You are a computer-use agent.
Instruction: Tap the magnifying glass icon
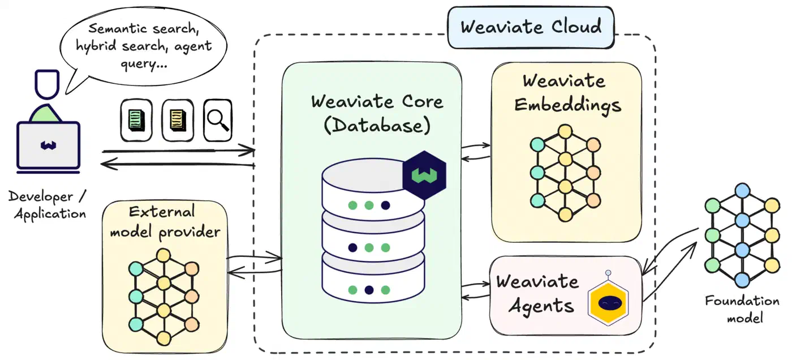(x=218, y=120)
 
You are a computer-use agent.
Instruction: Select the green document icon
(x=136, y=120)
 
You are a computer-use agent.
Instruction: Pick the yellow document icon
(x=178, y=120)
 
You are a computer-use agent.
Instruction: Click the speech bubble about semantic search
(x=143, y=46)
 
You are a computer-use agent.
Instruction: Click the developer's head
(x=46, y=84)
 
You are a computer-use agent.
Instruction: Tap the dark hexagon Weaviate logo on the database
(x=424, y=175)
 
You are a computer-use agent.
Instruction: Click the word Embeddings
(x=567, y=105)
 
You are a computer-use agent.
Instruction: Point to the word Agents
(x=541, y=306)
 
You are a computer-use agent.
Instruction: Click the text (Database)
(x=377, y=126)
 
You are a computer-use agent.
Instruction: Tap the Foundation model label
(x=742, y=310)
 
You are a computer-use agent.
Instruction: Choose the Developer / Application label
(x=48, y=205)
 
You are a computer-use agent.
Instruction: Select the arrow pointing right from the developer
(x=179, y=151)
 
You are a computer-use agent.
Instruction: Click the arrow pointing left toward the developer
(x=178, y=164)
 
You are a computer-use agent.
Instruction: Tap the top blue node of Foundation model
(x=742, y=191)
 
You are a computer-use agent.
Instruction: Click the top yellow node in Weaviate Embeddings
(x=565, y=131)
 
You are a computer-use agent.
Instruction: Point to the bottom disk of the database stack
(x=373, y=280)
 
